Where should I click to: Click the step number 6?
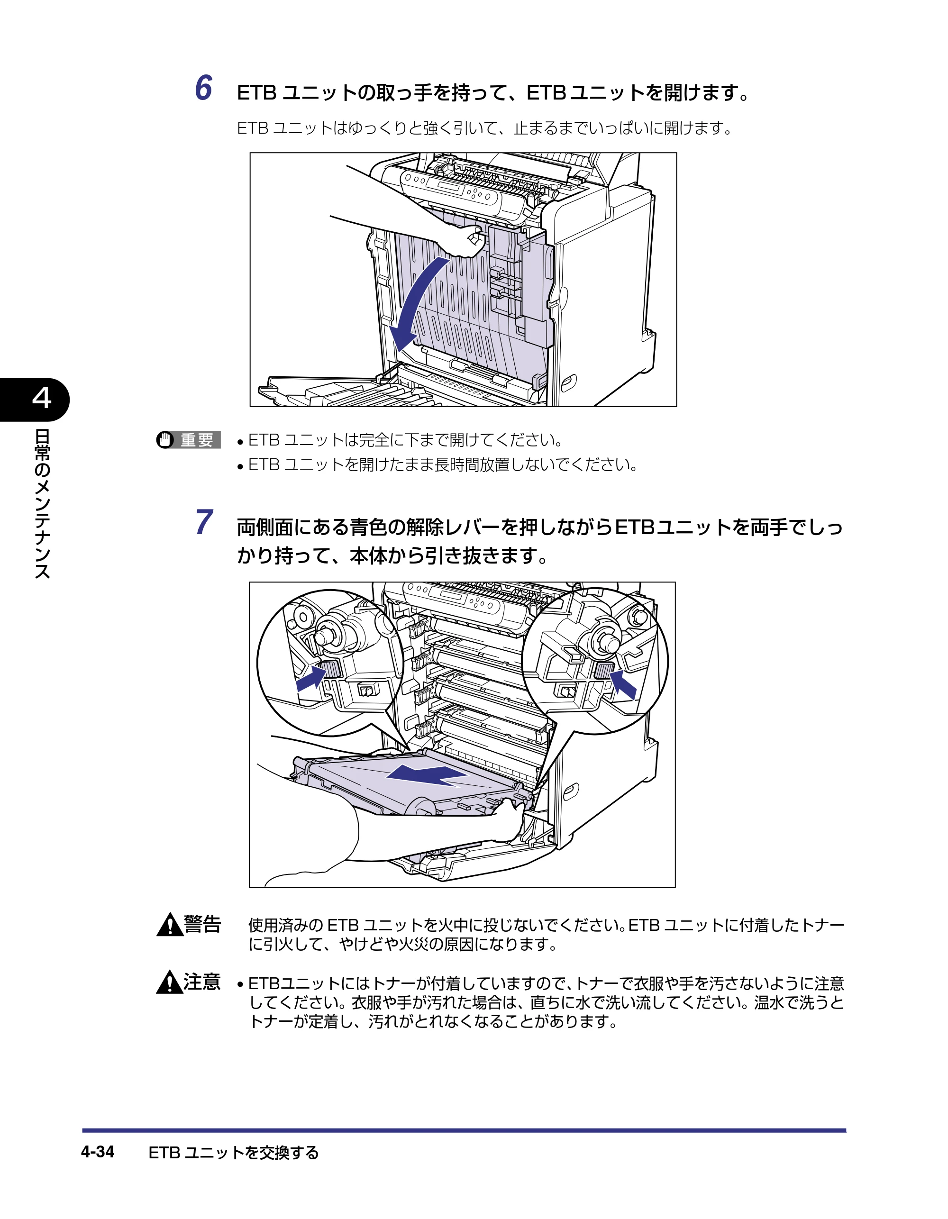point(204,88)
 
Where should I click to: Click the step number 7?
point(204,522)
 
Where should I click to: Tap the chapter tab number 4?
point(42,398)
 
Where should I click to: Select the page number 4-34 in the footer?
point(98,1152)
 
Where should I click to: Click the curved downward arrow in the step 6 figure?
point(413,304)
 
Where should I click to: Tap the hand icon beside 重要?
point(165,440)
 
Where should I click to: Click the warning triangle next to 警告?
point(170,924)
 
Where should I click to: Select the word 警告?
point(203,924)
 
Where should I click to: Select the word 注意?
point(203,982)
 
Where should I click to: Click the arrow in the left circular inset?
point(311,679)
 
